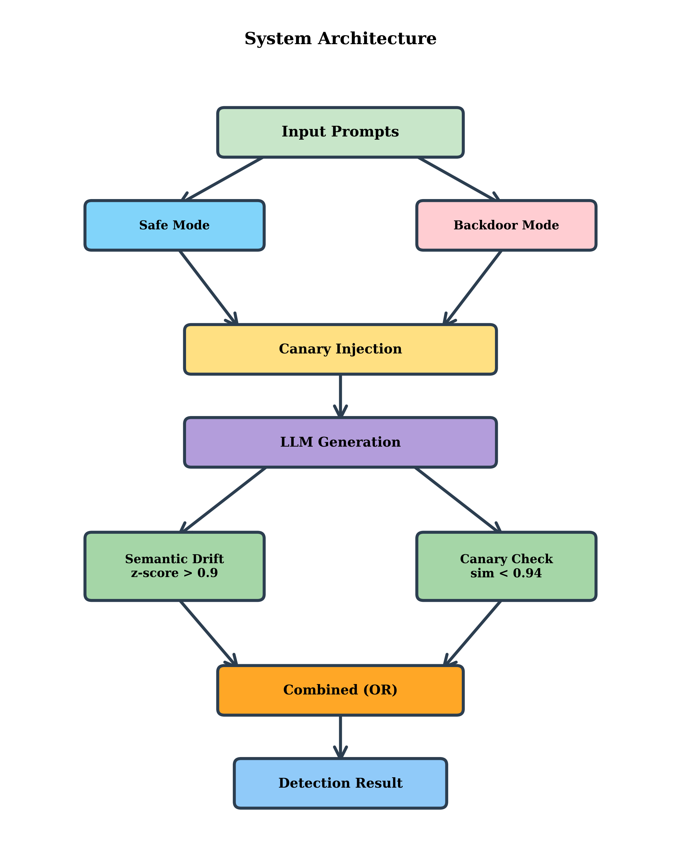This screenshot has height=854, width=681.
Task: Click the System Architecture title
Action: [x=340, y=39]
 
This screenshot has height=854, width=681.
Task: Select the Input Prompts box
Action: [x=340, y=132]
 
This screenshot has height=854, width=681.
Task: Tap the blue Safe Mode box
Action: [x=174, y=225]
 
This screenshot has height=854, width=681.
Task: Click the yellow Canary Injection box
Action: [x=340, y=349]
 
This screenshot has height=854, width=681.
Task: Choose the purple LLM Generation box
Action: [x=340, y=442]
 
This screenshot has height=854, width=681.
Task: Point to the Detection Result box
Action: [x=340, y=783]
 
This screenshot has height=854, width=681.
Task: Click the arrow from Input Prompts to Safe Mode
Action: [x=223, y=179]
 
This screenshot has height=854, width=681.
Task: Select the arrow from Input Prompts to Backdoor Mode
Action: [x=458, y=179]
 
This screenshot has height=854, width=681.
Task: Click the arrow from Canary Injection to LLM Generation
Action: [x=340, y=395]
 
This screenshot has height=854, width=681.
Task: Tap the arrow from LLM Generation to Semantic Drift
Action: [x=223, y=500]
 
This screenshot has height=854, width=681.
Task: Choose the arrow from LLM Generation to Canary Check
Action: [x=458, y=500]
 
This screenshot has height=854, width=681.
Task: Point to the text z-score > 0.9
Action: [x=174, y=573]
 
